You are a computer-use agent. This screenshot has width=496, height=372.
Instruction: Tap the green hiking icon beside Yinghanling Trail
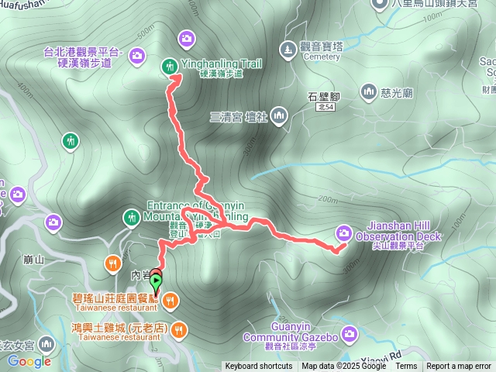point(169,67)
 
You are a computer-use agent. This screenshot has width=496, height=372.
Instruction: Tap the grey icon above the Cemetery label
point(288,50)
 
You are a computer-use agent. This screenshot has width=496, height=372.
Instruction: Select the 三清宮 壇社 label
point(237,116)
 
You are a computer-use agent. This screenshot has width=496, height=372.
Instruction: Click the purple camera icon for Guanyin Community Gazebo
point(349,334)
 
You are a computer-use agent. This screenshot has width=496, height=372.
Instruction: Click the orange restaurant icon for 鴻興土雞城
point(179,329)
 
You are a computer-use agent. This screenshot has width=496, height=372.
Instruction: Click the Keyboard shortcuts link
point(260,367)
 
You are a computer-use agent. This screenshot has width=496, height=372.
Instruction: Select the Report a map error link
point(459,367)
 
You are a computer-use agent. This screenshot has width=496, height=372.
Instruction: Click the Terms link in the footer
point(406,367)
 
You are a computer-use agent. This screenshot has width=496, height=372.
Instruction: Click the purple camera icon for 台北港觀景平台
point(137,55)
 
